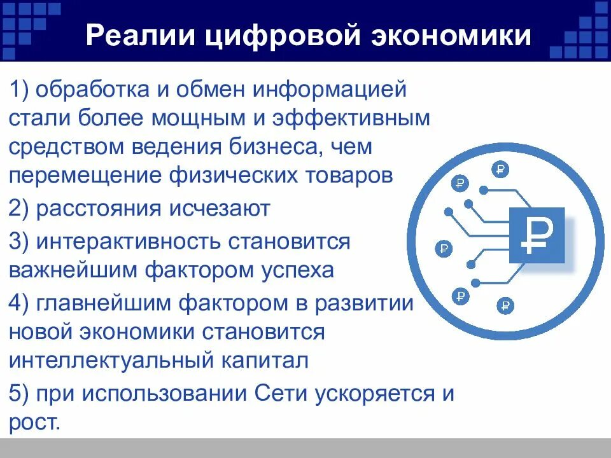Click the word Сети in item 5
click(281, 392)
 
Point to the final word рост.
click(35, 422)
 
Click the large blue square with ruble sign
click(537, 235)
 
